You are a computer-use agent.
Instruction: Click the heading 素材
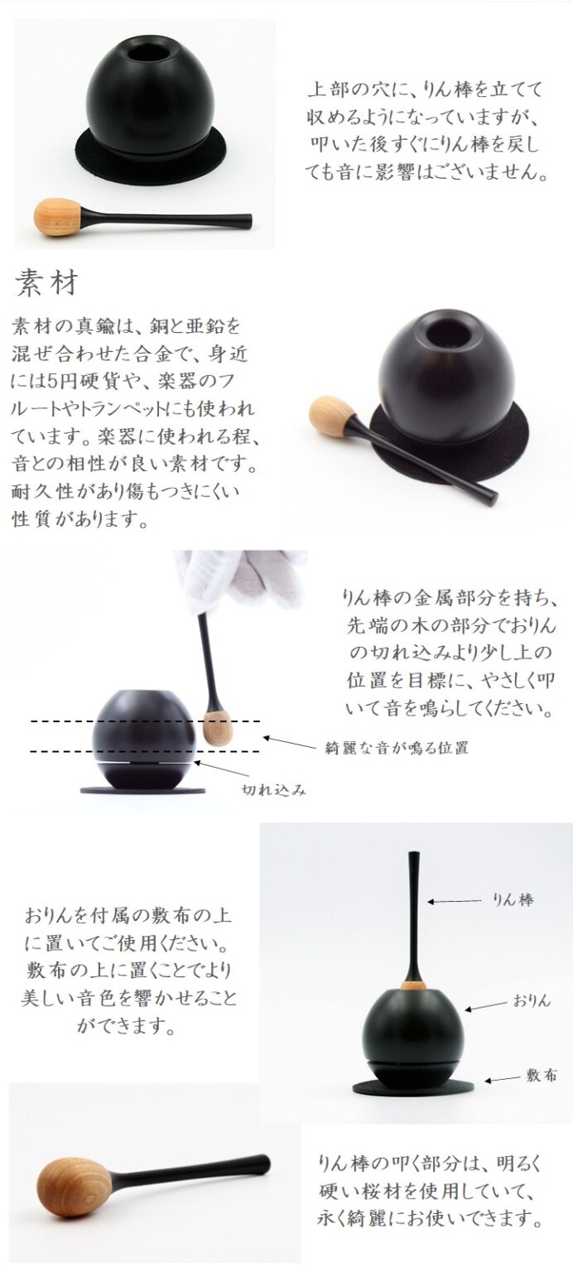46,282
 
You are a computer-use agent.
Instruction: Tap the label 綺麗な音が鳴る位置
397,748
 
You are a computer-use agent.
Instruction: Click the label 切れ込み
274,789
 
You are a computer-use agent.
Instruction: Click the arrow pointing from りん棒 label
455,901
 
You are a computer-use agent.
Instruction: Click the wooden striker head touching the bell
214,728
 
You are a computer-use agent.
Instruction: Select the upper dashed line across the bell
146,721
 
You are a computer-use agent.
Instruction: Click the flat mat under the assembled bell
412,1086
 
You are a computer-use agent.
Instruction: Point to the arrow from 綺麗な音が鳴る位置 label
290,742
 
